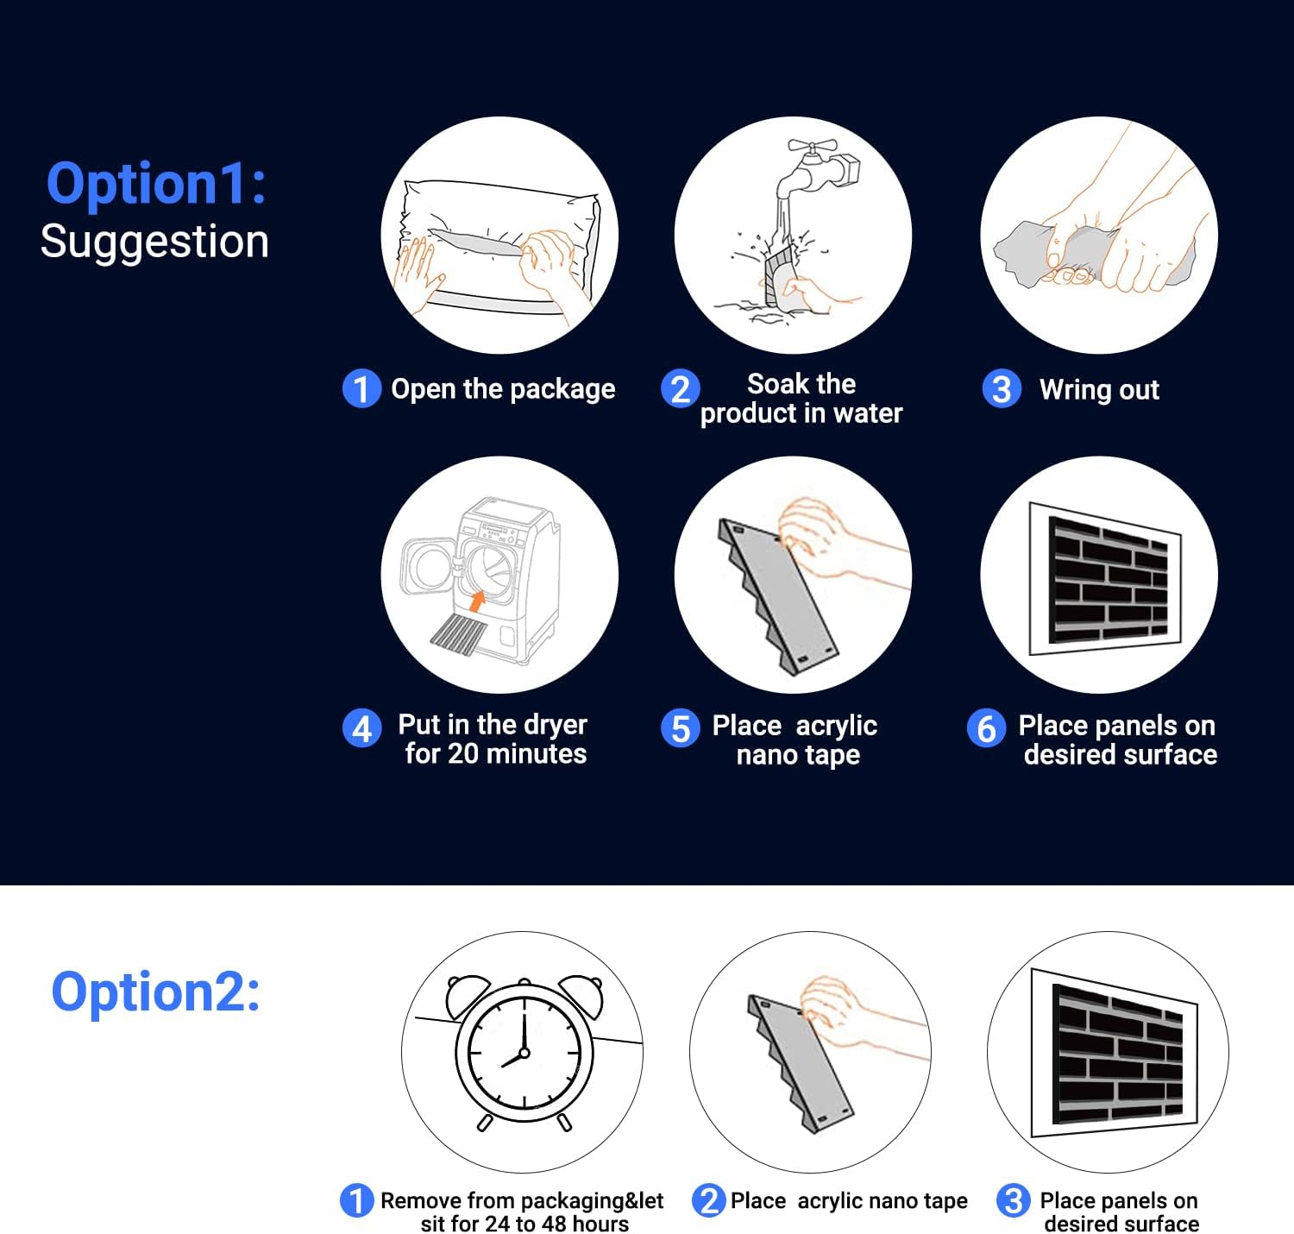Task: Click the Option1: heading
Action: tap(156, 183)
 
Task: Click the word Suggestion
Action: tap(154, 241)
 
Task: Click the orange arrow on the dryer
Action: tap(476, 601)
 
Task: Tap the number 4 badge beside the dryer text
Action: tap(361, 727)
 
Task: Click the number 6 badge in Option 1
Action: tap(986, 727)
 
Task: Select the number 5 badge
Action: tap(680, 727)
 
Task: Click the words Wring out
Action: tap(1099, 390)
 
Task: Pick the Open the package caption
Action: tap(503, 389)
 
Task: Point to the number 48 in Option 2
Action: tap(552, 1223)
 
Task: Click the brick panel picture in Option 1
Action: tap(1105, 579)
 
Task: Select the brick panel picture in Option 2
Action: tap(1115, 1052)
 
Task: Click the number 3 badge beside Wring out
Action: tap(1001, 388)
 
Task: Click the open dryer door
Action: tap(428, 566)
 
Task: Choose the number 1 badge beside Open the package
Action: tap(361, 388)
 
